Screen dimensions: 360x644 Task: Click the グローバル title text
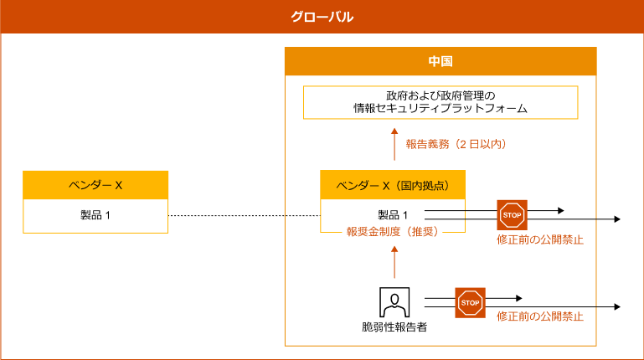322,17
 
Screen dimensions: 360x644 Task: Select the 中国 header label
440,62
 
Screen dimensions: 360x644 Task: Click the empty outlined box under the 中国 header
440,102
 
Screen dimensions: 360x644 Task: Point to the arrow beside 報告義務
394,143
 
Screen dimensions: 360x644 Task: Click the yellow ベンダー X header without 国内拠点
95,185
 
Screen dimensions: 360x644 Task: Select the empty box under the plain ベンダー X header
95,216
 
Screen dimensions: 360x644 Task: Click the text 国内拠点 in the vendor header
423,185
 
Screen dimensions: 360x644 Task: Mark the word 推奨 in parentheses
423,232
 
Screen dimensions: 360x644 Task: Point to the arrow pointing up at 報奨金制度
394,260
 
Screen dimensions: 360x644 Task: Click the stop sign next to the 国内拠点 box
512,215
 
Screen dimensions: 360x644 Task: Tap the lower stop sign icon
470,303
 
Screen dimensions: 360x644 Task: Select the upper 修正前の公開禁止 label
539,239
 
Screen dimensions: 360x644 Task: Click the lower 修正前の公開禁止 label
539,316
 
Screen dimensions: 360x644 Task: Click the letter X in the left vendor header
118,185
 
